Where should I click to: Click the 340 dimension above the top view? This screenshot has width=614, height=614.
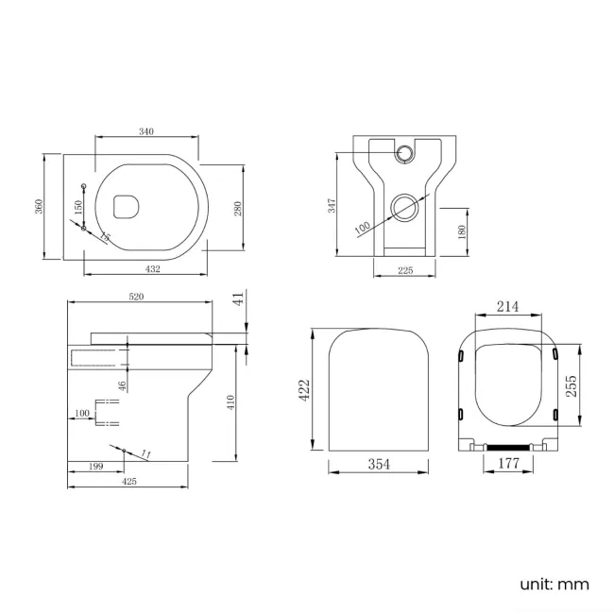pyautogui.click(x=145, y=131)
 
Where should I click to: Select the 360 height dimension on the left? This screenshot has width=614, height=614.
pyautogui.click(x=39, y=205)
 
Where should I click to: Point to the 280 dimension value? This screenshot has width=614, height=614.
pyautogui.click(x=238, y=207)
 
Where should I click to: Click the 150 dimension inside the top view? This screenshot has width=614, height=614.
pyautogui.click(x=78, y=205)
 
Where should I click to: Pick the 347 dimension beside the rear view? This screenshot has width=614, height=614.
pyautogui.click(x=333, y=205)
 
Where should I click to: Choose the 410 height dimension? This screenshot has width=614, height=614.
pyautogui.click(x=230, y=402)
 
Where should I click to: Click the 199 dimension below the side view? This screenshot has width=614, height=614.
pyautogui.click(x=94, y=466)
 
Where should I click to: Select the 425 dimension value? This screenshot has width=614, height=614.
pyautogui.click(x=129, y=481)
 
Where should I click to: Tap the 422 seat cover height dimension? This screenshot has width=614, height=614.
pyautogui.click(x=304, y=390)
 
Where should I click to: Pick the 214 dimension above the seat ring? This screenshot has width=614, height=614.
pyautogui.click(x=508, y=307)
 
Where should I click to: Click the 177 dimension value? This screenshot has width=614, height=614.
pyautogui.click(x=507, y=463)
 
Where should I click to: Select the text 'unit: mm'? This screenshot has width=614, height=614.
pyautogui.click(x=554, y=584)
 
